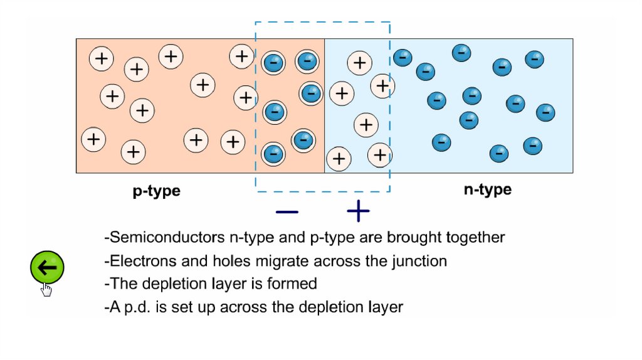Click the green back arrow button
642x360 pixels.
coord(47,268)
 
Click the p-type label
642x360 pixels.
coord(156,191)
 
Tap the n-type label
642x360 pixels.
coord(487,189)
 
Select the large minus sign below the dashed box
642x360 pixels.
coord(287,212)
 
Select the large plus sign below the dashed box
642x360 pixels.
coord(358,212)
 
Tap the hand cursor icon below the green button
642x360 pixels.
coord(46,289)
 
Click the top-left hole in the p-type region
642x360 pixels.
coord(101,59)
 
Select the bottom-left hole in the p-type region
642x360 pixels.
coord(93,139)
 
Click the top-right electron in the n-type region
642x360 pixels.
coord(534,60)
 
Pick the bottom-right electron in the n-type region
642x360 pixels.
coord(532,146)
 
